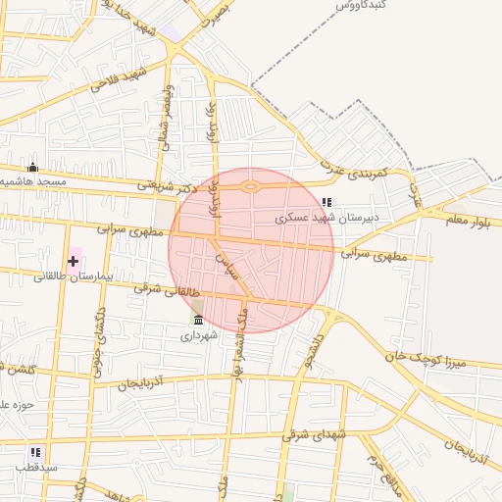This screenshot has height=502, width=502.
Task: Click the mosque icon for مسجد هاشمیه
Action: [32, 168]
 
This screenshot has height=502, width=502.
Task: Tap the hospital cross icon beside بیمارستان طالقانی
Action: [73, 260]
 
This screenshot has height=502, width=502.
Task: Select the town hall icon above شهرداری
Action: [198, 320]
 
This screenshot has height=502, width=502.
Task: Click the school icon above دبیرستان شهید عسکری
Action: [326, 202]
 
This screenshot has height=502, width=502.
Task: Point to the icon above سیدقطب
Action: [35, 452]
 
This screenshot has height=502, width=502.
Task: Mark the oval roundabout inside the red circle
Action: [250, 186]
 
